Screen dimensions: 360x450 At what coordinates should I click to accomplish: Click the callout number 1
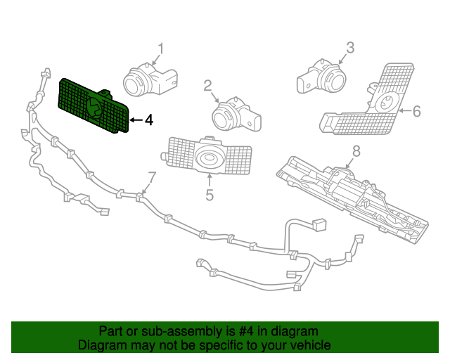point(160,49)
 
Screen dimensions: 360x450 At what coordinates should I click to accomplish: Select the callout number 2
point(208,86)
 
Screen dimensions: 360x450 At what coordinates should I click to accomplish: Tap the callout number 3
point(349,48)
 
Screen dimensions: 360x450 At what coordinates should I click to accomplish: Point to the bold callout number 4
point(148,120)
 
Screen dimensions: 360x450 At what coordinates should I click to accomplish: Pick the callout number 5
point(209,195)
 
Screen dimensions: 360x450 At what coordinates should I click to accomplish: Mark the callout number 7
point(151,176)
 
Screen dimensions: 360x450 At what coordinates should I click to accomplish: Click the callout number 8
point(356,150)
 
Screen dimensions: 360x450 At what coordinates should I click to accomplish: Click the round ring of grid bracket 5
point(209,159)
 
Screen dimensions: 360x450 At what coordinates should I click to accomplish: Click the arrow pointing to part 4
point(136,120)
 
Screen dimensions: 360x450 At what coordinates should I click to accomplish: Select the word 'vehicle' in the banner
point(309,345)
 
